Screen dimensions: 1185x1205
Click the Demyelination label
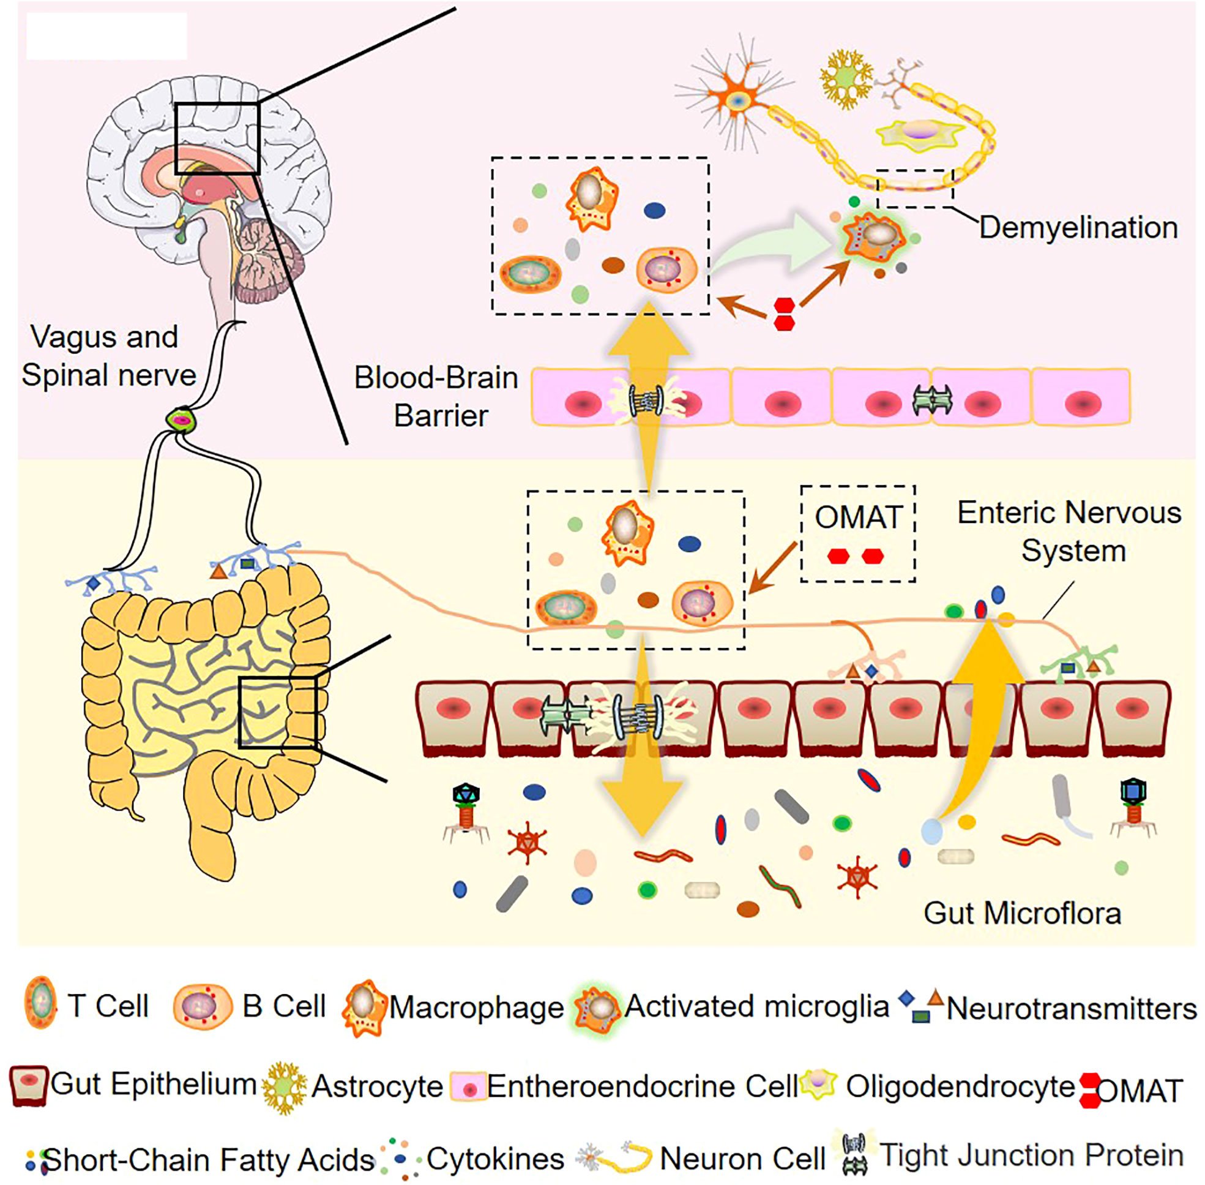coord(1078,228)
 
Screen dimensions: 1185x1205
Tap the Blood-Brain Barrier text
coord(436,396)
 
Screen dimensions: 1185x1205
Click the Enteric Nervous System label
coord(1069,532)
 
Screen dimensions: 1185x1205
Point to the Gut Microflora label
coord(1022,914)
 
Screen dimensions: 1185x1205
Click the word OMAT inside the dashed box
coord(858,517)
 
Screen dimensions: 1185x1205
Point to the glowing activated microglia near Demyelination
coord(876,237)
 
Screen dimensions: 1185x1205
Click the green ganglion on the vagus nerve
coord(181,421)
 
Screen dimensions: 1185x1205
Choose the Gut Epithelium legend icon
coord(28,1085)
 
